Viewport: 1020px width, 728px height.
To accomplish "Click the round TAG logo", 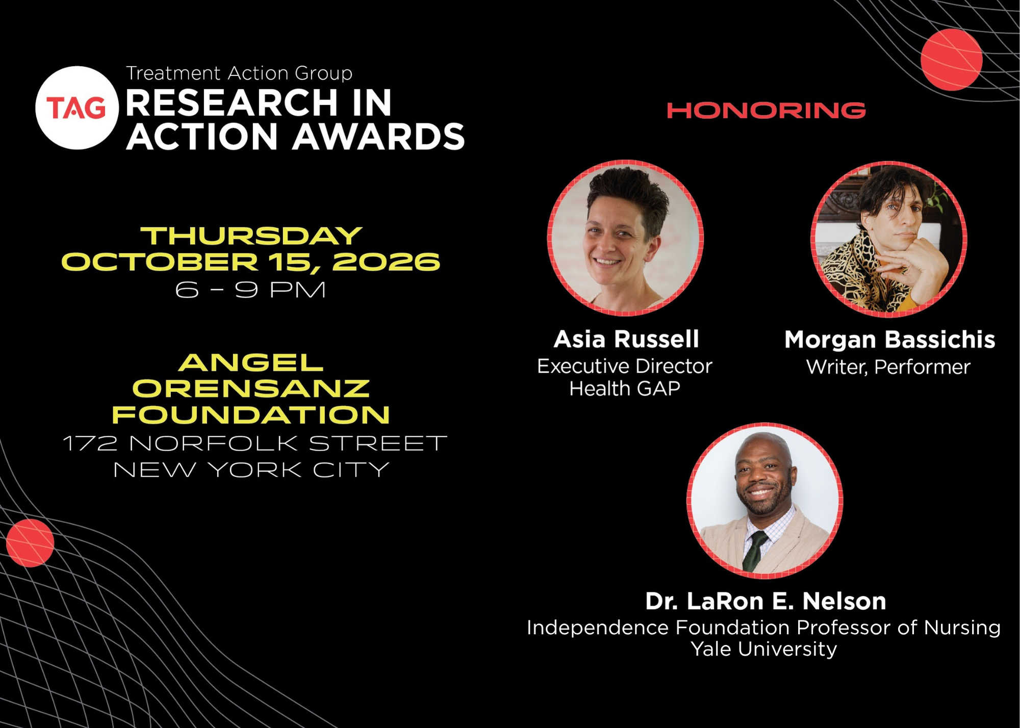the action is pos(77,108).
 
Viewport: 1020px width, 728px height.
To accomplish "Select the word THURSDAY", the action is pos(251,236).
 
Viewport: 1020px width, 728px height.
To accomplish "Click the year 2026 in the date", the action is pos(386,262).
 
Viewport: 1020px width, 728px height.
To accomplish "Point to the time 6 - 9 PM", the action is pos(250,290).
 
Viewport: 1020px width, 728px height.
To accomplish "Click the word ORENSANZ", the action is pos(251,388).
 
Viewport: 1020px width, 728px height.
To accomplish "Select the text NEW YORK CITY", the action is pos(251,470).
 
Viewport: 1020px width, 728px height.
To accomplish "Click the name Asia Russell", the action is pos(626,339).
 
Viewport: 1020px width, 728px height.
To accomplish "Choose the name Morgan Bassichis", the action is pos(889,340).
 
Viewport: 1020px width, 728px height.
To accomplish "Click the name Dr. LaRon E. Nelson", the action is pos(766,602).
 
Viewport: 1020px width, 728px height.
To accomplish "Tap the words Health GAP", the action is pos(625,388).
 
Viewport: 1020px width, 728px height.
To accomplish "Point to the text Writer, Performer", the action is pos(888,367).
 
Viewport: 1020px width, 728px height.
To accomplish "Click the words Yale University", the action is pos(763,649).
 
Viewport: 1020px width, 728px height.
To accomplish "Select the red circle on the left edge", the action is pos(30,543).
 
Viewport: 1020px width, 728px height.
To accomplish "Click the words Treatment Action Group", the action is pos(239,73).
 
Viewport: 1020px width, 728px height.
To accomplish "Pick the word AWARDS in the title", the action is pos(378,137).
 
